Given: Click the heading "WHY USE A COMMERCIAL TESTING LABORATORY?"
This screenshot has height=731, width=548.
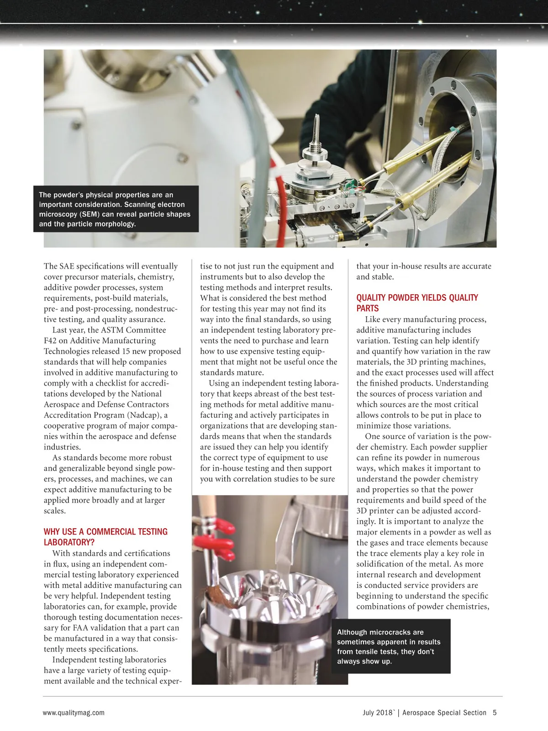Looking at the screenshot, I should pos(105,537).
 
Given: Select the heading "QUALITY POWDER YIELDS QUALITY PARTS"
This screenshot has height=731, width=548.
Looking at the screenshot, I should pos(417,303).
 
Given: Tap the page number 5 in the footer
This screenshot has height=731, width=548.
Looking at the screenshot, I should pos(495,712).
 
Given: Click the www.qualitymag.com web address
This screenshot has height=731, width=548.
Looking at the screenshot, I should pos(74,712).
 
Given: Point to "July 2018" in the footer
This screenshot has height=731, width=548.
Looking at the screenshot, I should pos(378,712).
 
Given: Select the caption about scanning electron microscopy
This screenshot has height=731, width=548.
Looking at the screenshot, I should pos(115,209).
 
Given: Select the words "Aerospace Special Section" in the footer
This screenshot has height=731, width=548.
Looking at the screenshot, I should pos(444,712).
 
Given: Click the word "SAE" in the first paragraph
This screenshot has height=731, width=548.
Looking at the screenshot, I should pos(66,266).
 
